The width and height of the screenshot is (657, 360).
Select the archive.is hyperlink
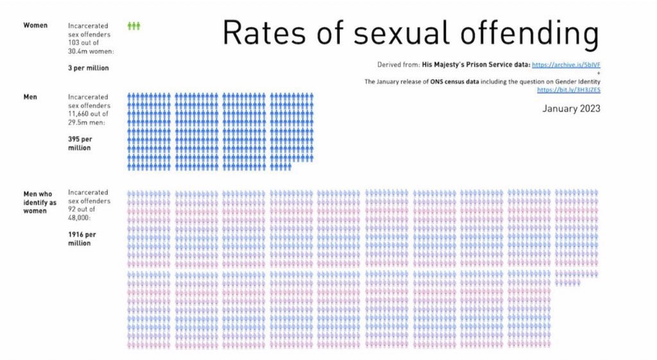pyautogui.click(x=566, y=65)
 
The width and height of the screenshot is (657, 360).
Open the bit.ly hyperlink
pyautogui.click(x=568, y=90)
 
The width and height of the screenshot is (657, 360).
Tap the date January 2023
pyautogui.click(x=571, y=108)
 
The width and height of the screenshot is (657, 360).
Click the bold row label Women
pyautogui.click(x=35, y=26)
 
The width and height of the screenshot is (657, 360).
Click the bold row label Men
pyautogui.click(x=31, y=97)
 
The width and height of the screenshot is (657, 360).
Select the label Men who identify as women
pyautogui.click(x=39, y=201)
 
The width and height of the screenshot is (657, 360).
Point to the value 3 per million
pyautogui.click(x=88, y=67)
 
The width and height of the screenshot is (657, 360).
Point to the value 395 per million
pyautogui.click(x=80, y=143)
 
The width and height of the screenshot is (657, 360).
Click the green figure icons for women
pyautogui.click(x=133, y=26)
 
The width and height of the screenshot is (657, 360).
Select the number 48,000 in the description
pyautogui.click(x=81, y=218)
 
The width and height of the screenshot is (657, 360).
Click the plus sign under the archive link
pyautogui.click(x=598, y=74)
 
